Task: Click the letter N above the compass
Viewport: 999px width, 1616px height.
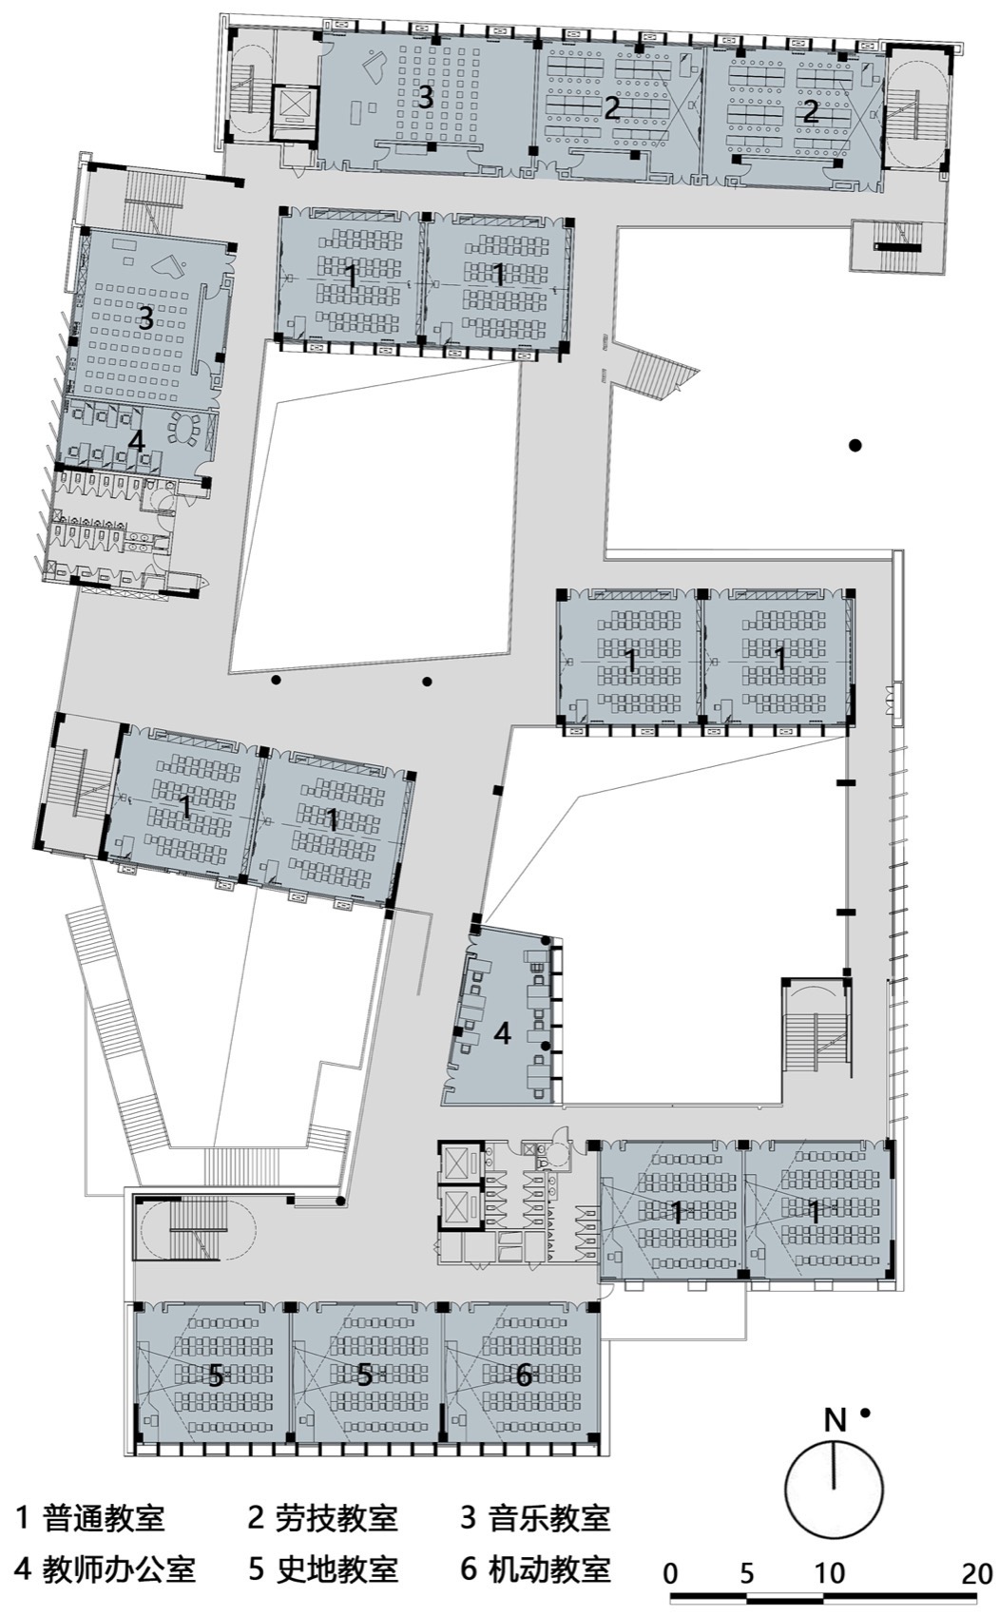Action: [835, 1420]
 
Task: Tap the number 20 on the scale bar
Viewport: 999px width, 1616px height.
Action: [976, 1573]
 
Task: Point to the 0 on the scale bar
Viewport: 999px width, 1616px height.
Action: [671, 1573]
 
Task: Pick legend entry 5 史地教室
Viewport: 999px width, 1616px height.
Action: [322, 1569]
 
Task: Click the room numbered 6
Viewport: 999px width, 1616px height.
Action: [523, 1375]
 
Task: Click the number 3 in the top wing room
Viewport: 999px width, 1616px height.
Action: [425, 97]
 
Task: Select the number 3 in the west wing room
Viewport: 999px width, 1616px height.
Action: [144, 318]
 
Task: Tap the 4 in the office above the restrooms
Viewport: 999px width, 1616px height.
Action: [136, 441]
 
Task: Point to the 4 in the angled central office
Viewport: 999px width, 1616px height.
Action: [502, 1033]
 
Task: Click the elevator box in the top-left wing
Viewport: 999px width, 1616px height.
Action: [292, 106]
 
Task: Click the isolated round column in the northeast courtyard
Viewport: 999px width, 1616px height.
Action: [855, 445]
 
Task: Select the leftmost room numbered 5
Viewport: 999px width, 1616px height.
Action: [215, 1375]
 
